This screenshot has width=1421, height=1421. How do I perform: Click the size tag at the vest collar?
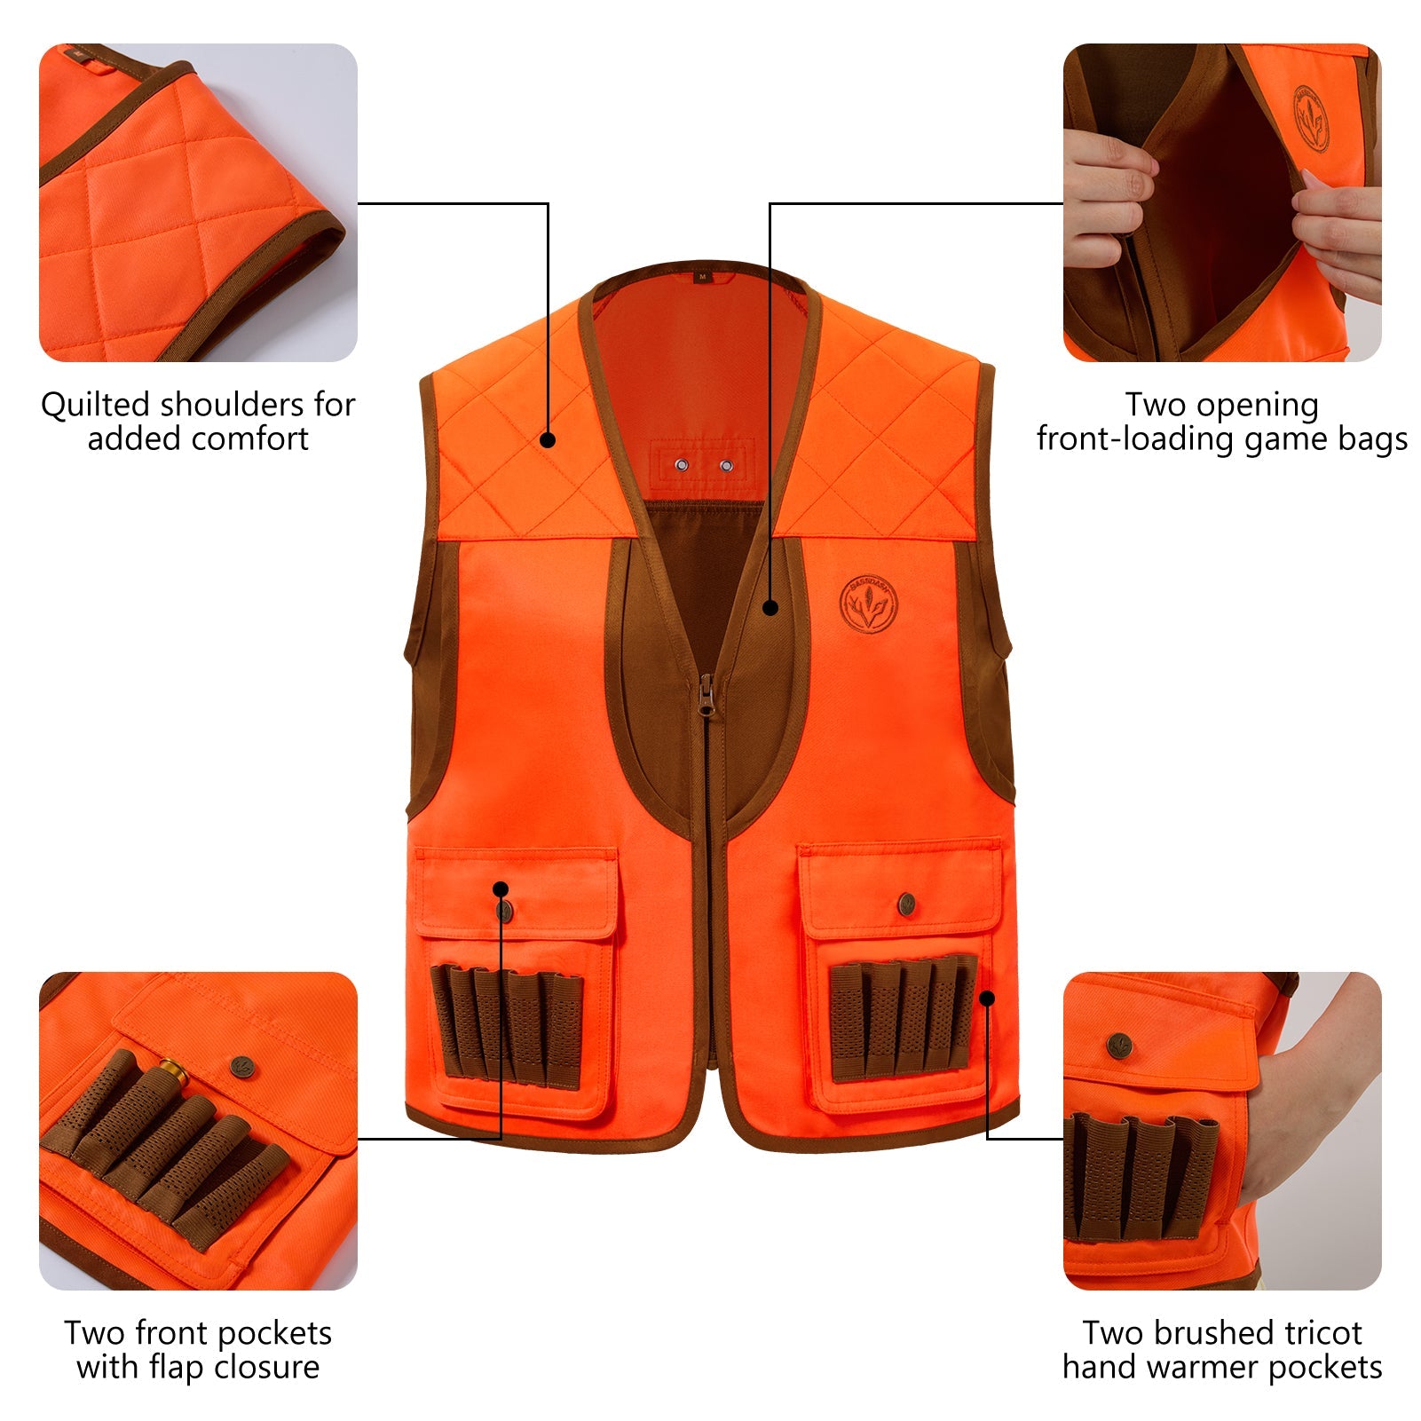(702, 277)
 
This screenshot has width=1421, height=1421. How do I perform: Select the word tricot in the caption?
(1312, 1333)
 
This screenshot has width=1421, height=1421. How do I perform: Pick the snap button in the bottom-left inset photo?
(241, 1064)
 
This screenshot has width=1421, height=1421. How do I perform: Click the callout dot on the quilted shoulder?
(548, 439)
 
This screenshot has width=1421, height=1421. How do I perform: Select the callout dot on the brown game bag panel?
(770, 608)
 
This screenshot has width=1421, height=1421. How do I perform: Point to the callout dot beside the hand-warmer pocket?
(988, 999)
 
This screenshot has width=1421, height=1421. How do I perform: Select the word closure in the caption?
(267, 1368)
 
